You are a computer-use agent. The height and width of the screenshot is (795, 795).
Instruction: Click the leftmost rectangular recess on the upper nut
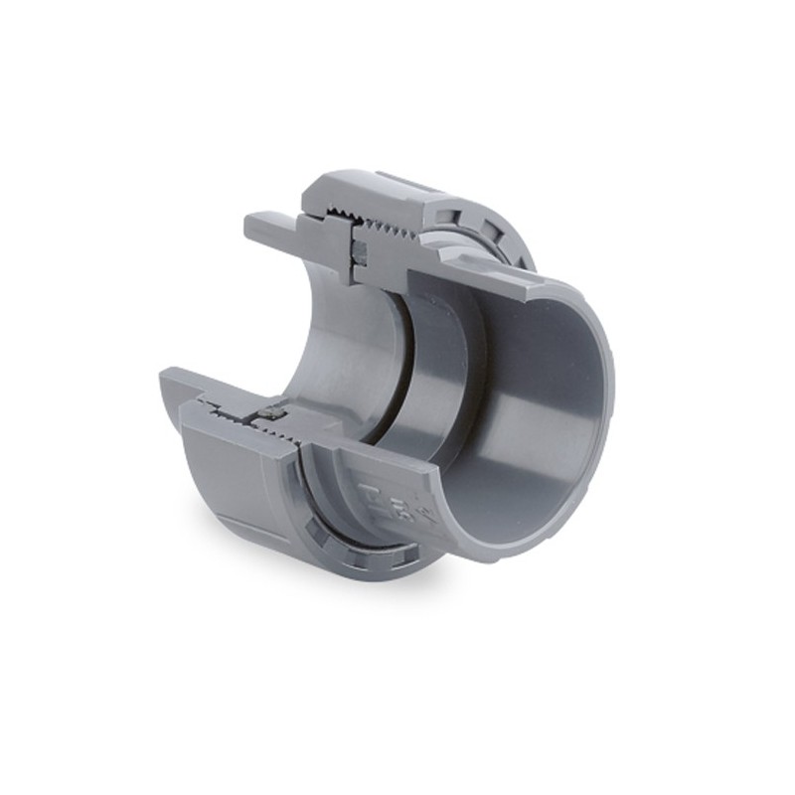coord(452,214)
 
